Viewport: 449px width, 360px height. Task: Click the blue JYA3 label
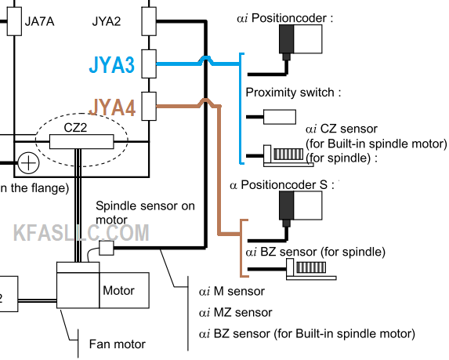[x=112, y=65]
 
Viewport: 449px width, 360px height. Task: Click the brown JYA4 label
[x=112, y=107]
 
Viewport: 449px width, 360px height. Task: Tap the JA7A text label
[x=39, y=21]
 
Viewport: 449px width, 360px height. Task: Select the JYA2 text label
[x=107, y=21]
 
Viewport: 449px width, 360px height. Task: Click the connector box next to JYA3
[x=149, y=64]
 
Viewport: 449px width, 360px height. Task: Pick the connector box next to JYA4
[x=149, y=106]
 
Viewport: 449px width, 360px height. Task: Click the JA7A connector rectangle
[x=14, y=21]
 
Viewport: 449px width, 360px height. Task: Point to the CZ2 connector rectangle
[x=81, y=142]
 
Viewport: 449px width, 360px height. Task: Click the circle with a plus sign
[x=29, y=163]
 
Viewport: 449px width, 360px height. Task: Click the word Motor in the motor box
[x=118, y=290]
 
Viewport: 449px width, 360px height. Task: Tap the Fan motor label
[x=118, y=344]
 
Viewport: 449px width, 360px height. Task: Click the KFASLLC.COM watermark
[x=81, y=233]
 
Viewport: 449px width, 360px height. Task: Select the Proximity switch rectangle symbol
[x=280, y=117]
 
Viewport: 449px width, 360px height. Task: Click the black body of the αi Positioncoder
[x=286, y=38]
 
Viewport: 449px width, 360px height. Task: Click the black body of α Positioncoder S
[x=286, y=205]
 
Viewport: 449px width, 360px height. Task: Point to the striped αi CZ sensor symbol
[x=288, y=155]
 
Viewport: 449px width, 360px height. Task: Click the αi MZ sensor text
[x=235, y=312]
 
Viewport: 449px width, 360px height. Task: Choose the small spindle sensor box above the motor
[x=107, y=248]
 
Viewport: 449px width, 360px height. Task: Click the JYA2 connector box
[x=149, y=21]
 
